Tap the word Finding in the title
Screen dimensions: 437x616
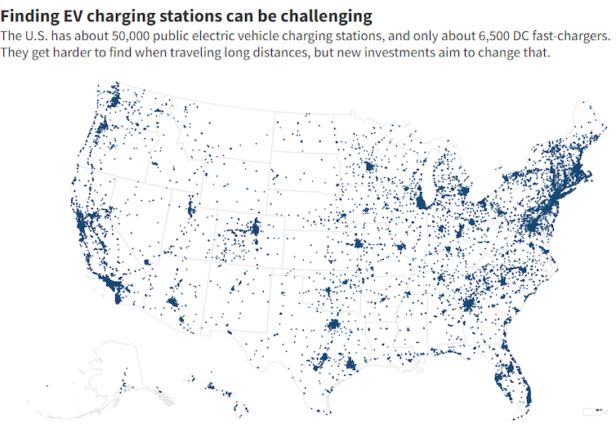coord(28,16)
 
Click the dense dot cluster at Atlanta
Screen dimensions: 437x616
coord(468,306)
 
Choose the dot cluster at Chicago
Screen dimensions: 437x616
coord(422,202)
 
